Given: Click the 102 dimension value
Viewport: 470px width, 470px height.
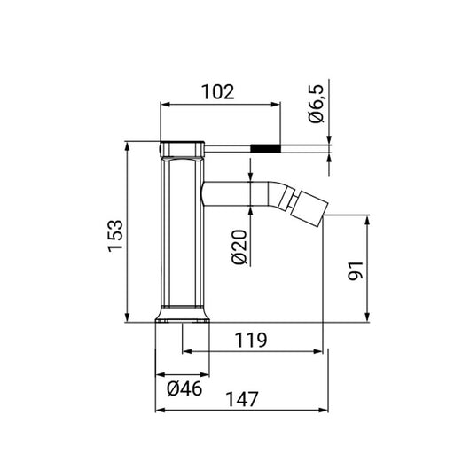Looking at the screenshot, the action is [x=217, y=91].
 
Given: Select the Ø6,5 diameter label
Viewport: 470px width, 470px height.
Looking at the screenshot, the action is [x=317, y=104].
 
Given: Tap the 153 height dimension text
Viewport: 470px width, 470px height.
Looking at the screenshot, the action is [x=115, y=236].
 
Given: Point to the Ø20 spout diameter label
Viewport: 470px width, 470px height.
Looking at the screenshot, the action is [x=239, y=247].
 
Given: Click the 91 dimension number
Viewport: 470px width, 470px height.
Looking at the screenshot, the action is [x=356, y=270].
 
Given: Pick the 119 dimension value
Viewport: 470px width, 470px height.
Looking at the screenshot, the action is [x=251, y=340].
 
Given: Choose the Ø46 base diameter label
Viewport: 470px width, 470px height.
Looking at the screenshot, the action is [x=184, y=388].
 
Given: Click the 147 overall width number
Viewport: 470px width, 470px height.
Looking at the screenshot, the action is [x=241, y=399].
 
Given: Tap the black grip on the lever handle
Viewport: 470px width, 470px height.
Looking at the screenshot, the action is [x=265, y=149].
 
